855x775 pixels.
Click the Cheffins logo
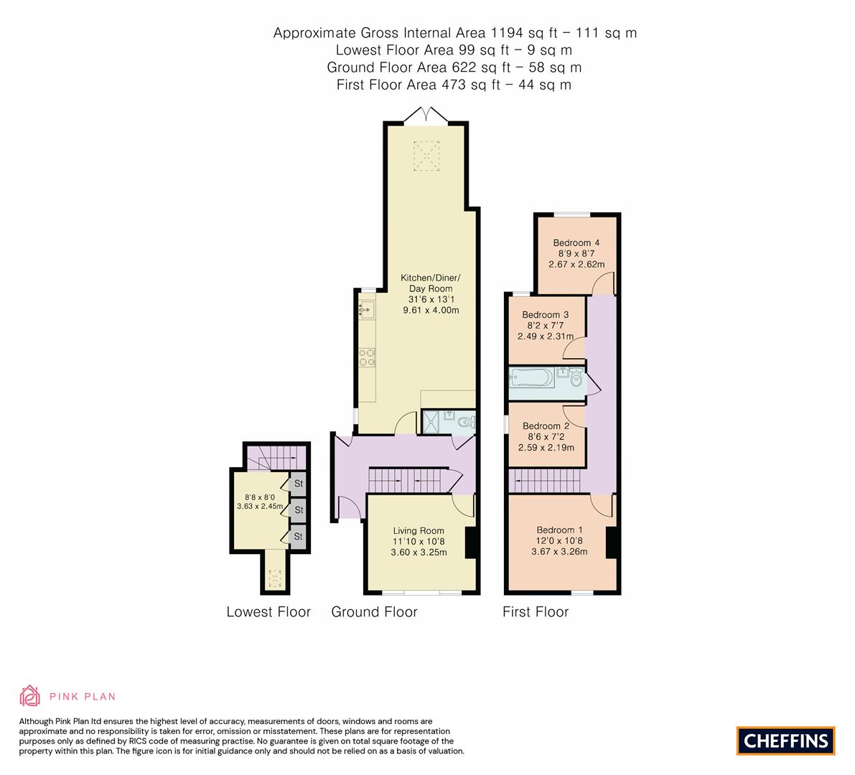(x=785, y=741)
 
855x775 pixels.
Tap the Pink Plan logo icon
(x=30, y=695)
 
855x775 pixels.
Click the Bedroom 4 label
(x=576, y=243)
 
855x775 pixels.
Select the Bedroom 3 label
(x=545, y=314)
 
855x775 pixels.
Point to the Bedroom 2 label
(x=546, y=426)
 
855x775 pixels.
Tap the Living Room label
(x=419, y=530)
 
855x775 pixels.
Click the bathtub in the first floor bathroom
(x=531, y=377)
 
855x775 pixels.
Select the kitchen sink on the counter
(x=365, y=311)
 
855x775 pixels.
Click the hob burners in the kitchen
(x=367, y=357)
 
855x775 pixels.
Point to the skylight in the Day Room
(x=426, y=156)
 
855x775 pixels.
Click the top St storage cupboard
(x=299, y=483)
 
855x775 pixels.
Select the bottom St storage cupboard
(x=299, y=536)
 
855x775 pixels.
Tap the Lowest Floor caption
(x=268, y=612)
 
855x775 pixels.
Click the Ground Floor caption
(x=374, y=612)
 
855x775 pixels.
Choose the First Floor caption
(x=536, y=612)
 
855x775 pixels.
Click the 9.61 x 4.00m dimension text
(x=430, y=310)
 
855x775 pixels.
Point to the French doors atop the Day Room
(x=426, y=115)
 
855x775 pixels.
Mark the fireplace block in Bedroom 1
(x=612, y=542)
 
